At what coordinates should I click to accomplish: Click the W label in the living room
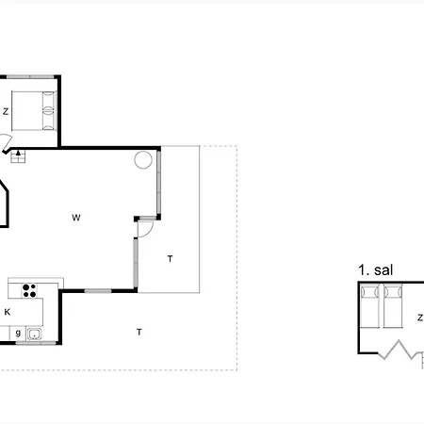coord(76,218)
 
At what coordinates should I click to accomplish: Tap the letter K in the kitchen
coord(8,311)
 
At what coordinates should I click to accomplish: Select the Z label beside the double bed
coord(6,111)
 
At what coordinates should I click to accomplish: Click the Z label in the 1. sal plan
coord(419,318)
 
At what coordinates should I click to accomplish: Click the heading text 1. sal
coord(375,269)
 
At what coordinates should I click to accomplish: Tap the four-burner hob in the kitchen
coord(29,289)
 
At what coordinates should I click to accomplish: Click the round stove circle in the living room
coord(143,159)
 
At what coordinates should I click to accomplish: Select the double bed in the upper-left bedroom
coord(34,109)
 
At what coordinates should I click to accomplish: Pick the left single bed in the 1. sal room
coord(368,308)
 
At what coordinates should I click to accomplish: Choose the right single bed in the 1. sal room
coord(394,308)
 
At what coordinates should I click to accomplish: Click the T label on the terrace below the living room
coord(139,331)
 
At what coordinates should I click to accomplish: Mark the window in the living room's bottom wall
coord(96,290)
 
